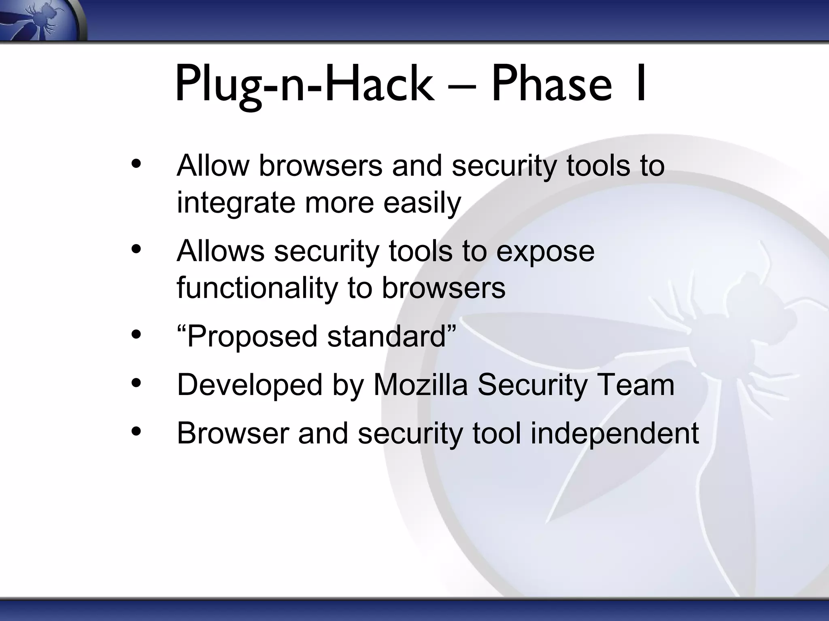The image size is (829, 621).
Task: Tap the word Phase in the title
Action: tap(551, 85)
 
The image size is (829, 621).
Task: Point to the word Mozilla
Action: tap(420, 385)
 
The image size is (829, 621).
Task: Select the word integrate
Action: tap(236, 203)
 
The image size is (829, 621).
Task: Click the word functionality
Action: tap(257, 288)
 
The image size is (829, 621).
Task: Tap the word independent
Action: tap(614, 433)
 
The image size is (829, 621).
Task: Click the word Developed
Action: tap(250, 385)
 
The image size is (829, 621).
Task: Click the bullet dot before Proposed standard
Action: tap(136, 335)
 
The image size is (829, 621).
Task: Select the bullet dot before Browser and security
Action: tap(136, 431)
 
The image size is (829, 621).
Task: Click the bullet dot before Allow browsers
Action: tap(136, 164)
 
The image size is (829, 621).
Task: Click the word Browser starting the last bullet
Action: tap(232, 433)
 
